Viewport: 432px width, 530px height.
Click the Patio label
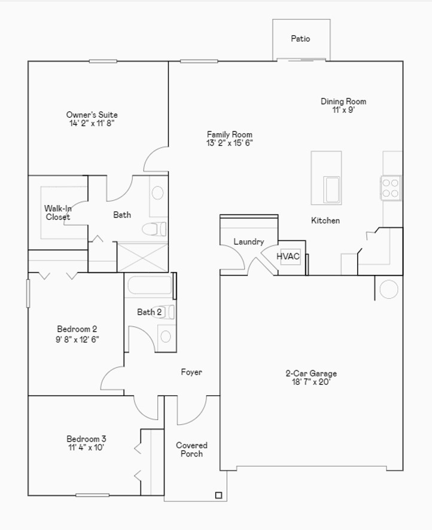point(300,38)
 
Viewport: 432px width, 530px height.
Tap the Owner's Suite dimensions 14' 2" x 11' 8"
point(92,123)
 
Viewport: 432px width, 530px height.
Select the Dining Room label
point(343,101)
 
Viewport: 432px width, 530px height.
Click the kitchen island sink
point(332,189)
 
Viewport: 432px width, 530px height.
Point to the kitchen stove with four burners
point(390,188)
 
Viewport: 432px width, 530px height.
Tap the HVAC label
point(288,256)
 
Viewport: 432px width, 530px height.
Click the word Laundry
point(248,241)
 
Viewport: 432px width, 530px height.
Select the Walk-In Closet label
point(57,213)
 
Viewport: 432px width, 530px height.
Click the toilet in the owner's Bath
point(154,229)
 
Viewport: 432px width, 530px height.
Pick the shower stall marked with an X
point(142,257)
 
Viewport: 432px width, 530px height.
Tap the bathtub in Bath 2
point(150,286)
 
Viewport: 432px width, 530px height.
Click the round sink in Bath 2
point(166,336)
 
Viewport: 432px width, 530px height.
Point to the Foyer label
point(191,372)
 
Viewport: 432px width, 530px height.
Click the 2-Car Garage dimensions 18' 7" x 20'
point(311,382)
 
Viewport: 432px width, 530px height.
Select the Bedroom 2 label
point(77,329)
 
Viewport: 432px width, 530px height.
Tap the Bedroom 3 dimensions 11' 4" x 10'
point(86,448)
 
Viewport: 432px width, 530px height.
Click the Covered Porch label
point(191,449)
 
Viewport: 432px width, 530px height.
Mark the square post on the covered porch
point(219,495)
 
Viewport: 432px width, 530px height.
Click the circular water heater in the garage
point(389,289)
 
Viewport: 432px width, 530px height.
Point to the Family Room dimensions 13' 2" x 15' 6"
point(230,143)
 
